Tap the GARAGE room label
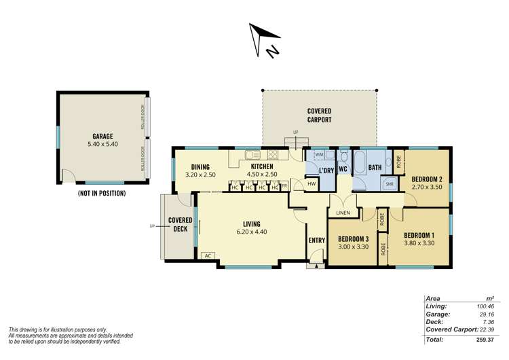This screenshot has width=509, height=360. click(102, 136)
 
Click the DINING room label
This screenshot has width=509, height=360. click(200, 166)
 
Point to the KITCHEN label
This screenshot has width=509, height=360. click(262, 166)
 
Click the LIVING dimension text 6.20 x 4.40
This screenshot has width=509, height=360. click(251, 232)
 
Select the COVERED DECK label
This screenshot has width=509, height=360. click(180, 224)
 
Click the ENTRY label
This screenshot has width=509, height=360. click(317, 240)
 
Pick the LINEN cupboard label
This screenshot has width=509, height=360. click(343, 213)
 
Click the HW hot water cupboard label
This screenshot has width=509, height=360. click(312, 183)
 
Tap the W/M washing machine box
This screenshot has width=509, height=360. click(319, 154)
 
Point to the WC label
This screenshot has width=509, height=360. click(343, 169)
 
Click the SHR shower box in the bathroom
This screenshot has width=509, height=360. click(390, 183)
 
